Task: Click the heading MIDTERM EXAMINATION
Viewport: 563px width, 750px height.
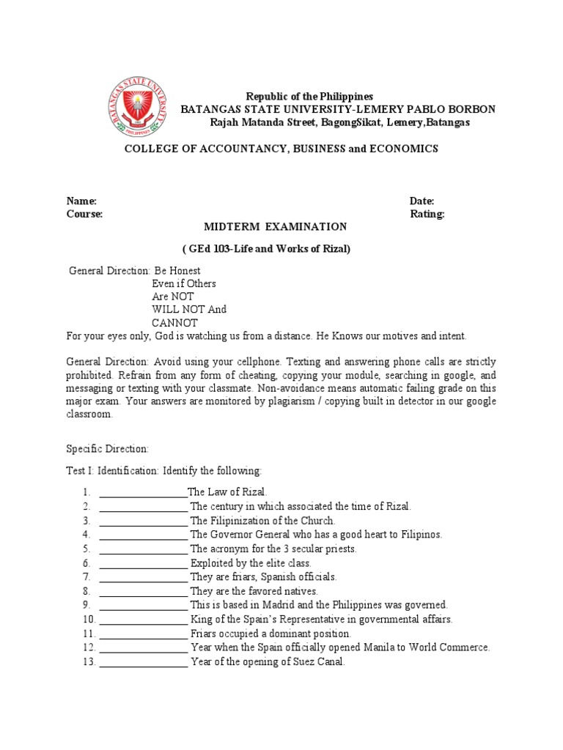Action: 275,227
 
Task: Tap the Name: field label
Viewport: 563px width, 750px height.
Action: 81,201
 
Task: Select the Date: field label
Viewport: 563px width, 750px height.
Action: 422,201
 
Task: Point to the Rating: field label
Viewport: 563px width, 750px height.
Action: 427,215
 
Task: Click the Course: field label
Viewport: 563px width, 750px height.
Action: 84,215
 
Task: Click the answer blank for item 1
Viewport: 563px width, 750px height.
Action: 143,492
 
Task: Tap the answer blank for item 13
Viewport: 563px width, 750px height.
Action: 143,662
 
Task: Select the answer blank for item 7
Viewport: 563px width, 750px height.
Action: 143,577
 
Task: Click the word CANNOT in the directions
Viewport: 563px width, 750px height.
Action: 174,322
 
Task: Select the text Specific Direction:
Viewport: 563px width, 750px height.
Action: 108,448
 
